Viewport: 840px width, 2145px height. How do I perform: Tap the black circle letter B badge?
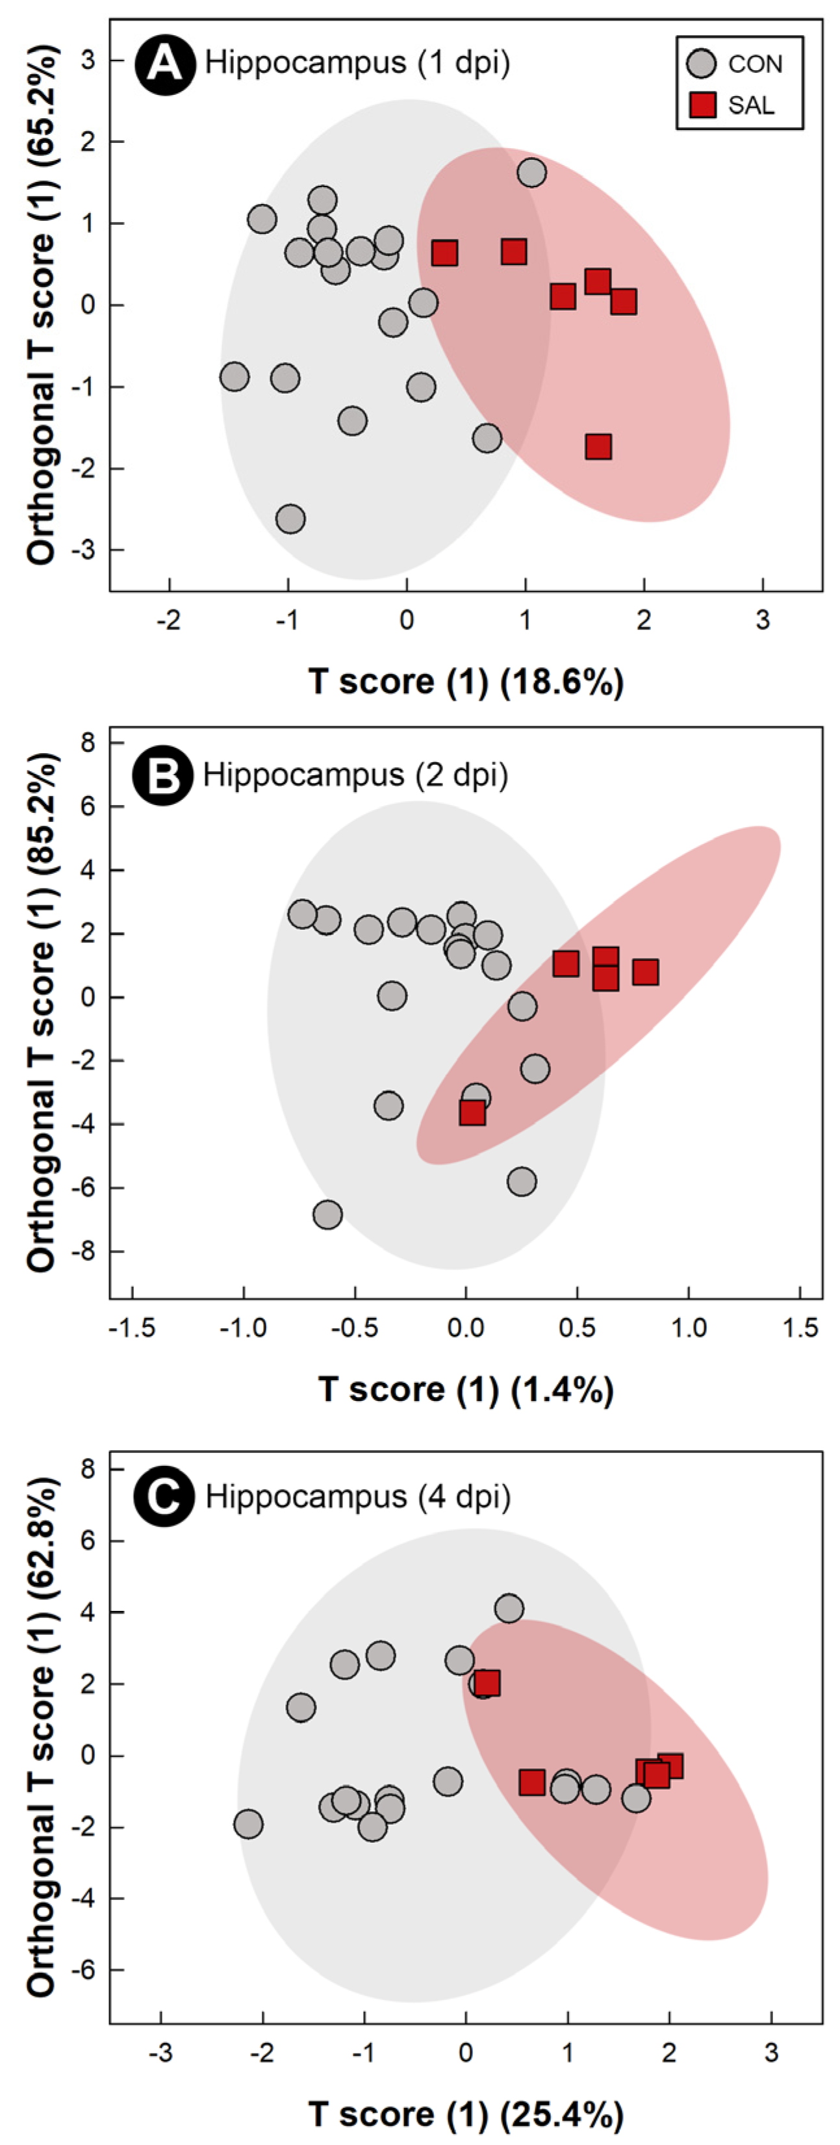pos(163,776)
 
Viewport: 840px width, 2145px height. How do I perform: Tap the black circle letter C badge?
pos(163,1497)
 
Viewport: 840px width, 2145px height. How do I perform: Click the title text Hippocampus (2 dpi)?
pos(355,775)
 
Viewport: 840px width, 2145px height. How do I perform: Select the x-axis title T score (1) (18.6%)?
pos(466,682)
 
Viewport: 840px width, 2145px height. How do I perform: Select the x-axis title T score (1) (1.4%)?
pos(466,1390)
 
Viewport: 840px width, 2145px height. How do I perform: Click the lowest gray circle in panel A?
pos(290,519)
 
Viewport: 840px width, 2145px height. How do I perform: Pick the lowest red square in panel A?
pos(598,446)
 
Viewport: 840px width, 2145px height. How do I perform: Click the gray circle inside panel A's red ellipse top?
pos(531,172)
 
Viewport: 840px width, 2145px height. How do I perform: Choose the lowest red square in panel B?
pos(472,1112)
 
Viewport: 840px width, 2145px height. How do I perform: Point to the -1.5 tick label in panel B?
pos(133,1328)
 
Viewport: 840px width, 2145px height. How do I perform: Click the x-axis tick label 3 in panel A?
pos(763,621)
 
